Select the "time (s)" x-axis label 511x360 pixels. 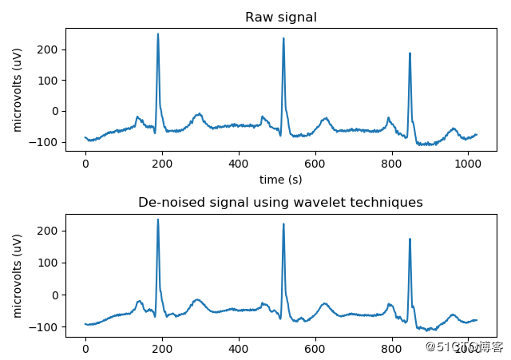[x=280, y=180]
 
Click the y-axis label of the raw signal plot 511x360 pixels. [x=18, y=89]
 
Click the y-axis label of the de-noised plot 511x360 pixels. [x=18, y=275]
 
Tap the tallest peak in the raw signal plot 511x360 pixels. [x=158, y=34]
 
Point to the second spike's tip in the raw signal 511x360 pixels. [x=283, y=38]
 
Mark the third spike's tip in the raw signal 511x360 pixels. [x=410, y=53]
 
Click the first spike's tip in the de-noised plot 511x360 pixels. [x=158, y=220]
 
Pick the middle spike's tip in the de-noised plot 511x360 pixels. [x=283, y=224]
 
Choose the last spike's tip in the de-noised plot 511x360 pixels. [x=410, y=239]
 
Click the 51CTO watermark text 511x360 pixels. [x=464, y=346]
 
